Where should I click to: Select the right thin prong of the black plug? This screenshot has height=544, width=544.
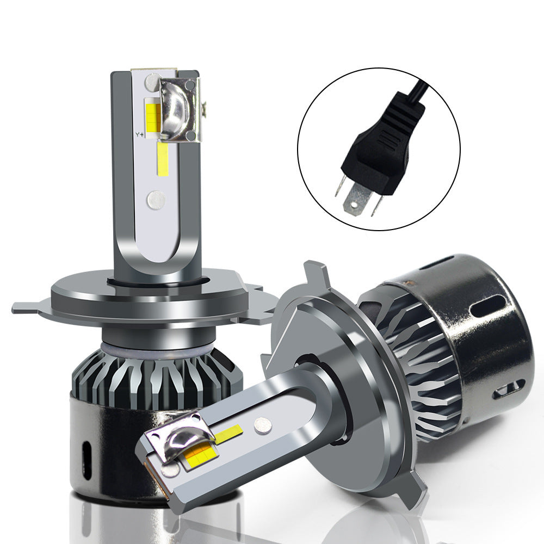pos(375,205)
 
